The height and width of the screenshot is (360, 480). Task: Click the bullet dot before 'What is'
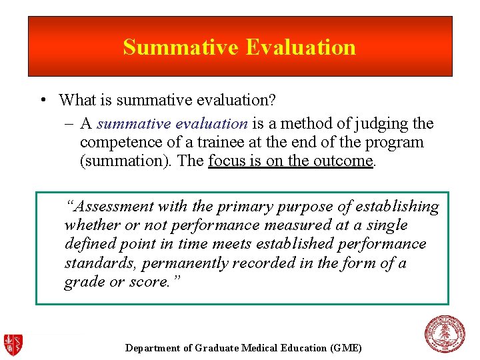[42, 101]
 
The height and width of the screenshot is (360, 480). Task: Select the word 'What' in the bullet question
[75, 101]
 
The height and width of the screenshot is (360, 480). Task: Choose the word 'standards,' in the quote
[94, 263]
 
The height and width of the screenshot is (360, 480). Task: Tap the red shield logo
[14, 343]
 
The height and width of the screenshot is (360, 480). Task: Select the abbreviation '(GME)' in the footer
[345, 348]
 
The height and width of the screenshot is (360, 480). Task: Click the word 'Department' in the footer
[152, 348]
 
